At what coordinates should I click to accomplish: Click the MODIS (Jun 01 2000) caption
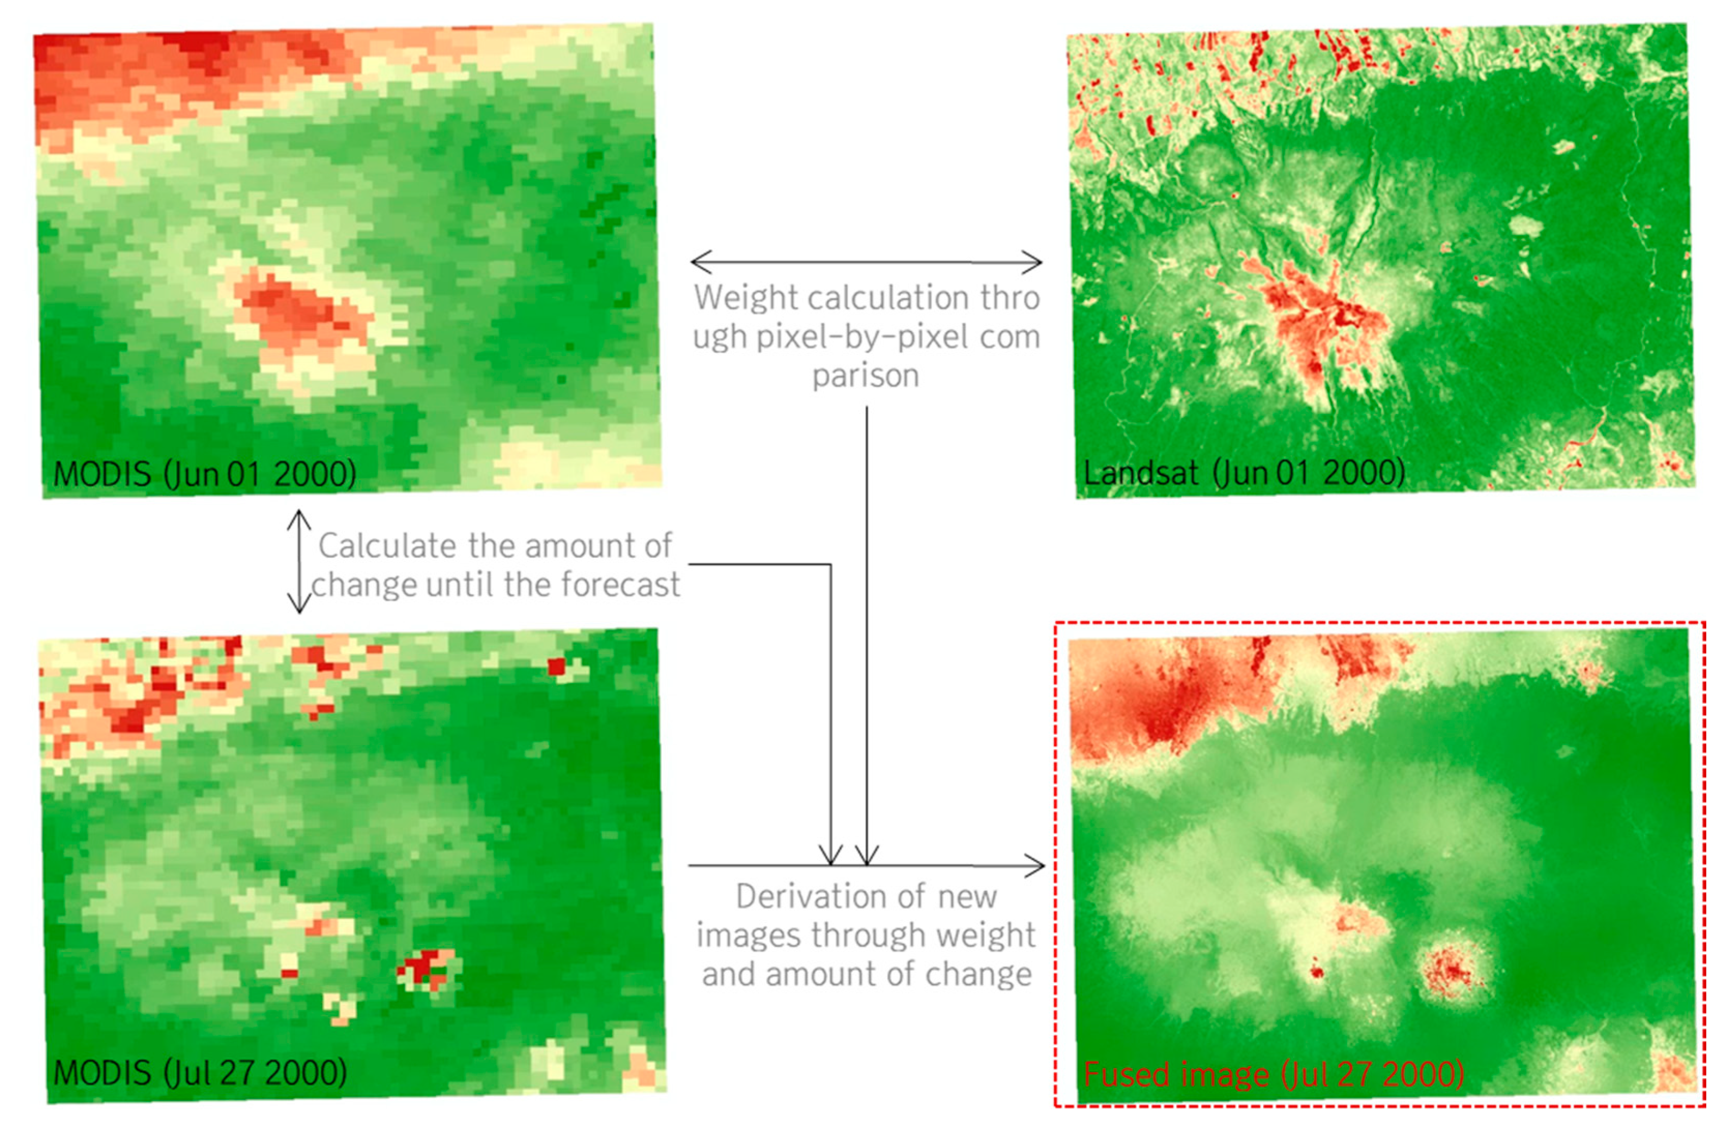[205, 474]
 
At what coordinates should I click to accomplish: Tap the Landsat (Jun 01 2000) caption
[1244, 473]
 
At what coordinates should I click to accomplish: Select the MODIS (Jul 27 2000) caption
[200, 1072]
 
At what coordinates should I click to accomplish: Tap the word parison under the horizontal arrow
[866, 375]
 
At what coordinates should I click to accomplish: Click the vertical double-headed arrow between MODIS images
[299, 562]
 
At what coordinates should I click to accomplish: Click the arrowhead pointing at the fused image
[1037, 865]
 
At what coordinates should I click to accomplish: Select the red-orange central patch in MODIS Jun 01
[297, 312]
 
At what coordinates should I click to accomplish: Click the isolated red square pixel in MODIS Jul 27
[556, 666]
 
